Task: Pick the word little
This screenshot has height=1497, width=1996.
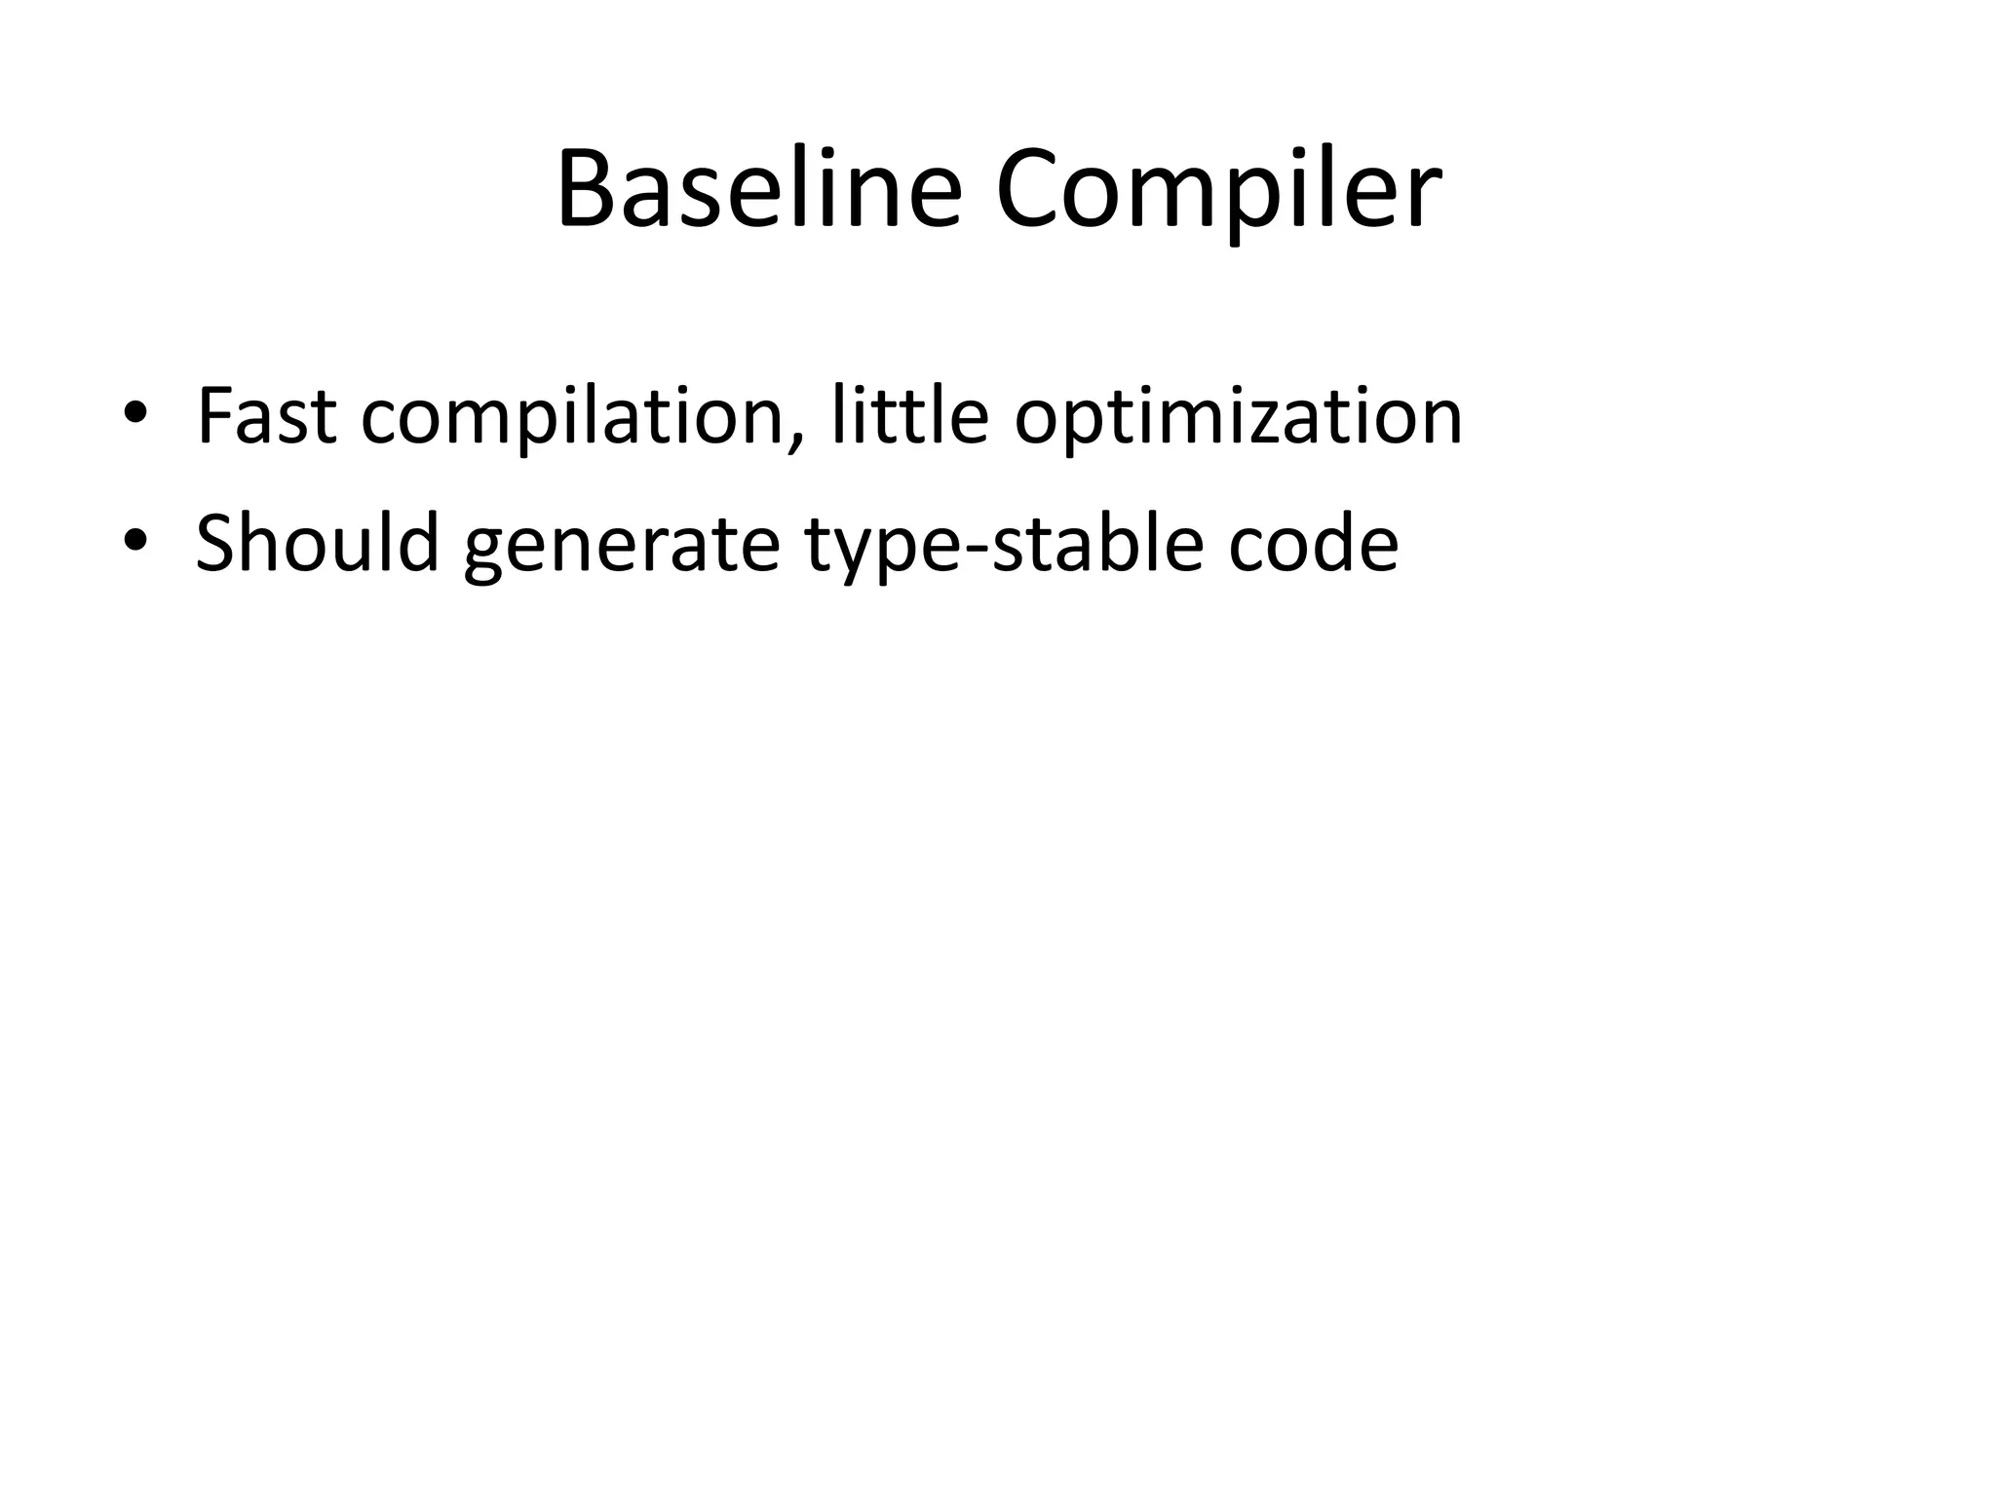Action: [910, 416]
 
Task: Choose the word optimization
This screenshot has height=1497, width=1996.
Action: [1238, 418]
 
